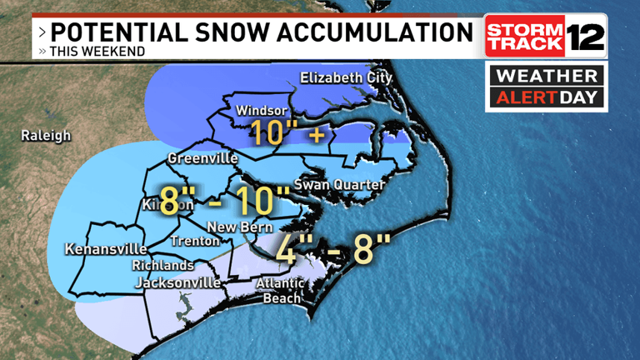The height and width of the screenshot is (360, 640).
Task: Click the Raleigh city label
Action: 47,135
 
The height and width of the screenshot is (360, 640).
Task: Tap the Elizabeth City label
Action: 346,79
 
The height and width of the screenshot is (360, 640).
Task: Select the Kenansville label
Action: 106,249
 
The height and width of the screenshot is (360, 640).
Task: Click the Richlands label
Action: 162,266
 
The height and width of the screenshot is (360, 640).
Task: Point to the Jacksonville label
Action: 177,283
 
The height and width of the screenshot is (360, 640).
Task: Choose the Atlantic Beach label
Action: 281,291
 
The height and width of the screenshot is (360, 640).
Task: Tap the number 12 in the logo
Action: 586,37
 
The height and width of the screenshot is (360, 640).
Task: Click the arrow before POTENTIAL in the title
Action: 42,32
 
